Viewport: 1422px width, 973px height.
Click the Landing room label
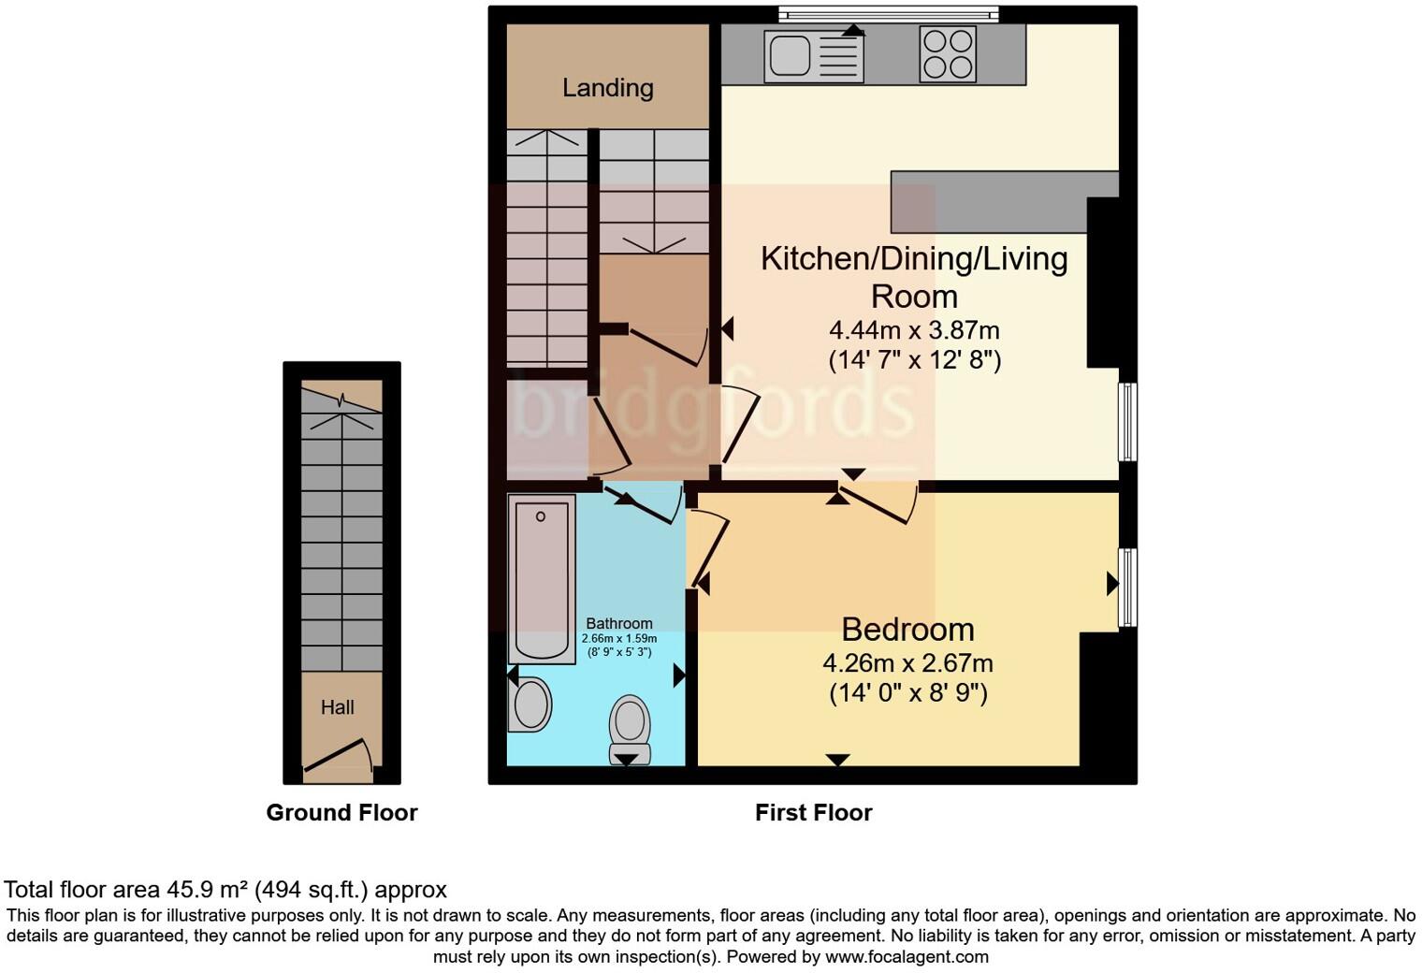607,88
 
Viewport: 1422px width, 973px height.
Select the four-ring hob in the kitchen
948,54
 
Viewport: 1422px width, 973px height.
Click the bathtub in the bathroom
541,579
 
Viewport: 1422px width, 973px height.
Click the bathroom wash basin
530,704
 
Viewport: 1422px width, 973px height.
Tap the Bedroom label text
907,629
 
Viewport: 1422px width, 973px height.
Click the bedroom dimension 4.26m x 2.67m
907,663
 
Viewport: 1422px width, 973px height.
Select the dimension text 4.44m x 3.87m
914,330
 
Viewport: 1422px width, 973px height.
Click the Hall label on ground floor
338,707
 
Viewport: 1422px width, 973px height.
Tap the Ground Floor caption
341,812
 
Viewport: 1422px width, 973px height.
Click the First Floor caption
813,812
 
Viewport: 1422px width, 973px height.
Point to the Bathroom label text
618,623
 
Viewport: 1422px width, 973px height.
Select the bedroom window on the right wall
1128,587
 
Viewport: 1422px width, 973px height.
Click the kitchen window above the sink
888,13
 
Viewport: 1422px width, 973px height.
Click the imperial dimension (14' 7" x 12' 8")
914,360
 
